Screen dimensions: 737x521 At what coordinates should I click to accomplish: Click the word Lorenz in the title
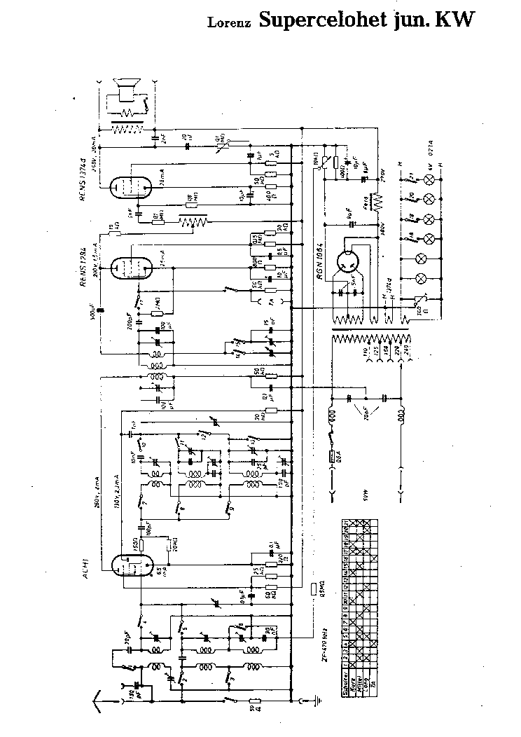coord(230,22)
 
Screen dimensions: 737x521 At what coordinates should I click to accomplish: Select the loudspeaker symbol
coord(128,90)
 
